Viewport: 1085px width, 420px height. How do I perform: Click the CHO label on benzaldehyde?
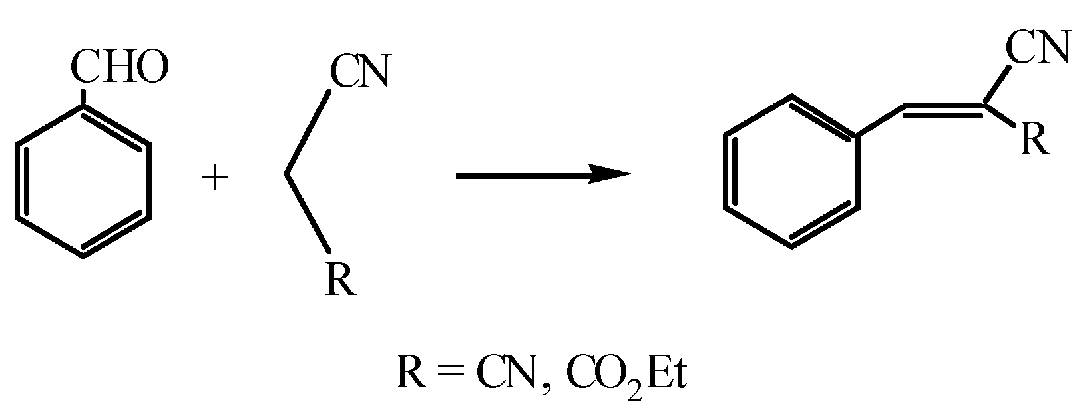point(119,69)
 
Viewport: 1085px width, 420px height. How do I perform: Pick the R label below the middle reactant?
point(341,280)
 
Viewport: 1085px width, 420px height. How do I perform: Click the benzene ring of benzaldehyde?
point(83,180)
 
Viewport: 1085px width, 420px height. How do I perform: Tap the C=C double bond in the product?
point(944,108)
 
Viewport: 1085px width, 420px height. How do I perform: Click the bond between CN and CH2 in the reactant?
point(308,132)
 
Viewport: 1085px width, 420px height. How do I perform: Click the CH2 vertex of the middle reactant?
point(286,174)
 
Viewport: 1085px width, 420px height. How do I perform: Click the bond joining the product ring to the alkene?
point(880,122)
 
